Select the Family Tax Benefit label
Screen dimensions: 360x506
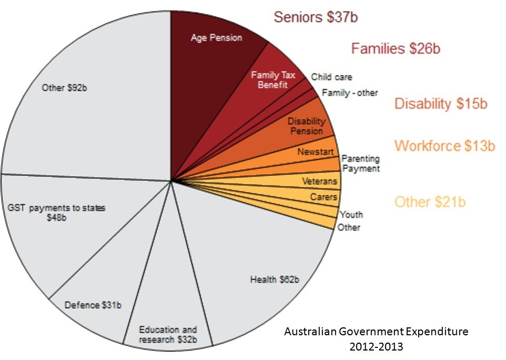(x=272, y=80)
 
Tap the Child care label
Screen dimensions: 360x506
(x=331, y=77)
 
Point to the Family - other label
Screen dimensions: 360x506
(x=350, y=93)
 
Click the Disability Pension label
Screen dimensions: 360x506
(x=306, y=126)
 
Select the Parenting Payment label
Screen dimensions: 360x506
(x=360, y=164)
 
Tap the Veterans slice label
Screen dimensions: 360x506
(x=319, y=182)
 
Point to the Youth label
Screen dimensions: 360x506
(x=351, y=215)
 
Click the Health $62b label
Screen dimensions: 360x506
(x=275, y=279)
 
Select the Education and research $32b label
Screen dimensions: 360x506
(x=168, y=335)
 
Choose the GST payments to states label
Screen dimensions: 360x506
(x=57, y=212)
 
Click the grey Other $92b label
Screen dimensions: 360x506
(x=64, y=87)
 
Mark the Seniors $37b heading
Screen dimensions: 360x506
(x=316, y=17)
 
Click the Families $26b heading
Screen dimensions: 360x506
(x=396, y=49)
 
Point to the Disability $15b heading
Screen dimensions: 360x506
(x=441, y=104)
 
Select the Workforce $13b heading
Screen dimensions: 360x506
(x=444, y=146)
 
